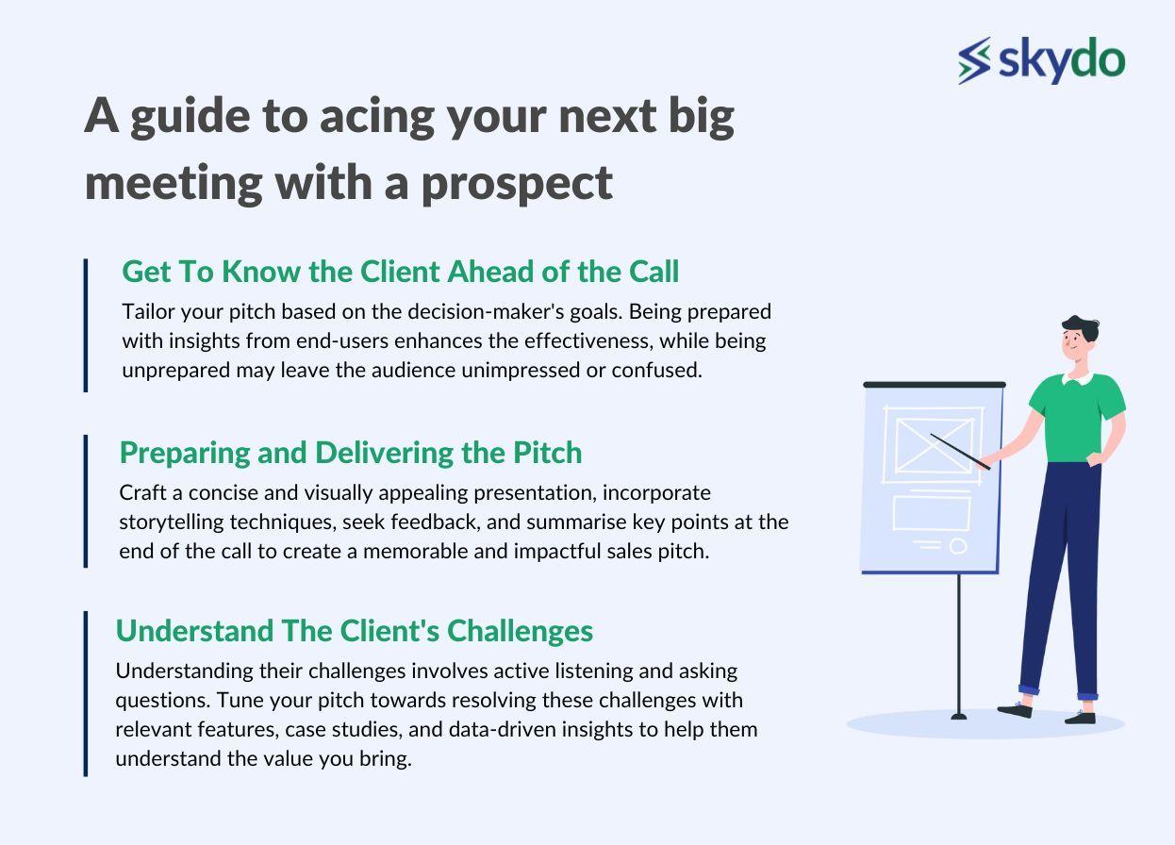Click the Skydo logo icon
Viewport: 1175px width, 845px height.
(x=974, y=60)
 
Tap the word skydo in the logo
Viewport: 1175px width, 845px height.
(x=1062, y=59)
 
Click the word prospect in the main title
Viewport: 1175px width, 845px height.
(x=517, y=185)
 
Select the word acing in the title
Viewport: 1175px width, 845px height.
(x=376, y=118)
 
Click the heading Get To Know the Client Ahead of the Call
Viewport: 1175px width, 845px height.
(x=400, y=272)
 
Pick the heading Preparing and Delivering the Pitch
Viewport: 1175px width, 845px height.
(x=351, y=452)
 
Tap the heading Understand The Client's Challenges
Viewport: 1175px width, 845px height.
(x=354, y=630)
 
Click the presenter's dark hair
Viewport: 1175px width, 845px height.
(x=1081, y=328)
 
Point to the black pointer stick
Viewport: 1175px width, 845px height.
(x=960, y=452)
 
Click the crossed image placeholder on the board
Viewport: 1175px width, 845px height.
(x=934, y=445)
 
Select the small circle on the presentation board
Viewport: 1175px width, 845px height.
(x=958, y=546)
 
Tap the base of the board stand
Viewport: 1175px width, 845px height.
(x=959, y=716)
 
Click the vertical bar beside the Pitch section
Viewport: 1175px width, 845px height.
(x=86, y=501)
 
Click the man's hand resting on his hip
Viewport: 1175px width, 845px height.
(x=1095, y=459)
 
